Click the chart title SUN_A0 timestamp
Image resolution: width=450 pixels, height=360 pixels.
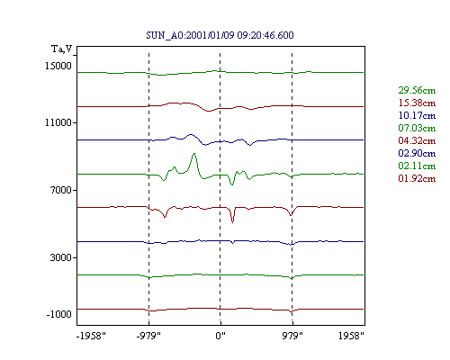coord(220,35)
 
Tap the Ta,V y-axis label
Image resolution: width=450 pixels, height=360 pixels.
coord(62,49)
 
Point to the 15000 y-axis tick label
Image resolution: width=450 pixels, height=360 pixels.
coord(58,66)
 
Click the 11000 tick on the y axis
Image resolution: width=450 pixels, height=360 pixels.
coord(58,122)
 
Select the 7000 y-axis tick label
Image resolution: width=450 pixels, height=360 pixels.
coord(61,190)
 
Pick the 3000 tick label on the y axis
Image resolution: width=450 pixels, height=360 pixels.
coord(61,257)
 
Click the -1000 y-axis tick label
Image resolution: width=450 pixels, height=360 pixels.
coord(58,314)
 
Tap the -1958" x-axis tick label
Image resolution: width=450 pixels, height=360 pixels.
coord(91,336)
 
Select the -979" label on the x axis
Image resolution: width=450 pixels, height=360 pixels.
coord(148,336)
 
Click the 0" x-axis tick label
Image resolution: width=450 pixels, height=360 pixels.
coord(220,336)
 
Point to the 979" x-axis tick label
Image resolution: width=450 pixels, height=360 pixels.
coord(292,336)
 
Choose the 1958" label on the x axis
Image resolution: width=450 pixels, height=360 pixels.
coord(351,336)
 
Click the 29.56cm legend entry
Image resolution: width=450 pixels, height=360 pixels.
coord(417,90)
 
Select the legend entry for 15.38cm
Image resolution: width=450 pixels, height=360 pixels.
coord(417,103)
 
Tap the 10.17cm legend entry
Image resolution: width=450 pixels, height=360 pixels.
coord(417,115)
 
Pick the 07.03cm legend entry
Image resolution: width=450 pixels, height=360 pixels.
coord(417,128)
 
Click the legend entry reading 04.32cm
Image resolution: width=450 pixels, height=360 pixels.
coord(417,140)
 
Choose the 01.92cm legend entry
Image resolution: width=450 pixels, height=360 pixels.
coord(417,178)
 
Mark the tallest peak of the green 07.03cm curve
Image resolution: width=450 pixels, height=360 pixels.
coord(194,154)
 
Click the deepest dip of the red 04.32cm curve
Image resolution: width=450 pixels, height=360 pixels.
coord(232,222)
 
